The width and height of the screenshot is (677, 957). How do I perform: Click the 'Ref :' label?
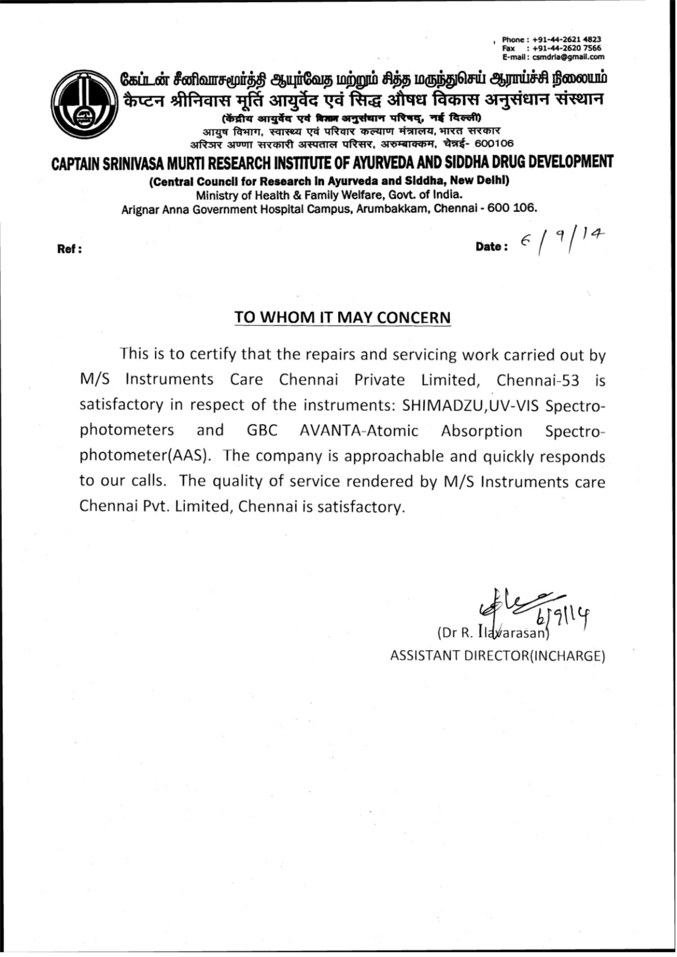click(69, 249)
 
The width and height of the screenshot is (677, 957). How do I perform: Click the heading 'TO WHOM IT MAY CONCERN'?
click(342, 317)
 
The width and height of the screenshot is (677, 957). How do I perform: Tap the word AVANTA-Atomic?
click(358, 430)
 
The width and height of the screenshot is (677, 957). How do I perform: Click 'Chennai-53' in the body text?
click(538, 380)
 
